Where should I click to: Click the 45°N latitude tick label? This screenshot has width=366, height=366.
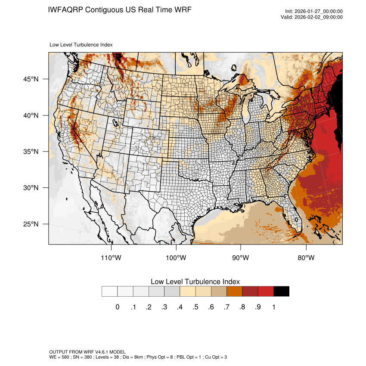tap(31, 79)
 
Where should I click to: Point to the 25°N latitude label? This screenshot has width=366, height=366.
tap(31, 224)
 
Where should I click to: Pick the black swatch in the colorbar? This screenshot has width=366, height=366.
tap(281, 292)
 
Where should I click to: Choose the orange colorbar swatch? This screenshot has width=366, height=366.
tap(235, 292)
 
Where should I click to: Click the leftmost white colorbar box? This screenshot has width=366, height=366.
tap(109, 292)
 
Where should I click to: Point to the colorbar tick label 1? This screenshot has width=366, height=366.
tap(273, 307)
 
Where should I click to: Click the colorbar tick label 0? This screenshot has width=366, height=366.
tap(117, 307)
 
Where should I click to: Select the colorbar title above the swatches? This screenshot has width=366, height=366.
tap(195, 281)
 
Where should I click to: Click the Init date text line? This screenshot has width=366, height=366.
tap(314, 11)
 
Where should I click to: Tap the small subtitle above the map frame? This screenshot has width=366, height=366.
tap(81, 44)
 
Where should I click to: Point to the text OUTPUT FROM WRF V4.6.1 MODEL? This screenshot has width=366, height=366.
tap(87, 352)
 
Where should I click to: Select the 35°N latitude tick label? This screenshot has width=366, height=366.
tap(31, 152)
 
